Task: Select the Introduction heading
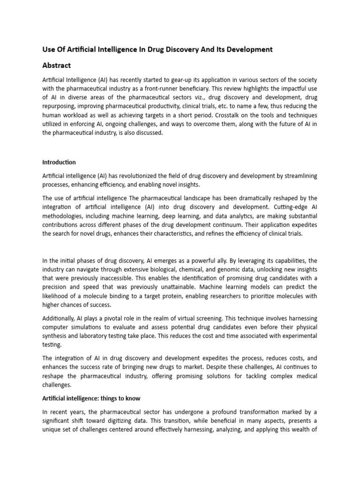(x=59, y=162)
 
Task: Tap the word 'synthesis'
(x=56, y=336)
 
